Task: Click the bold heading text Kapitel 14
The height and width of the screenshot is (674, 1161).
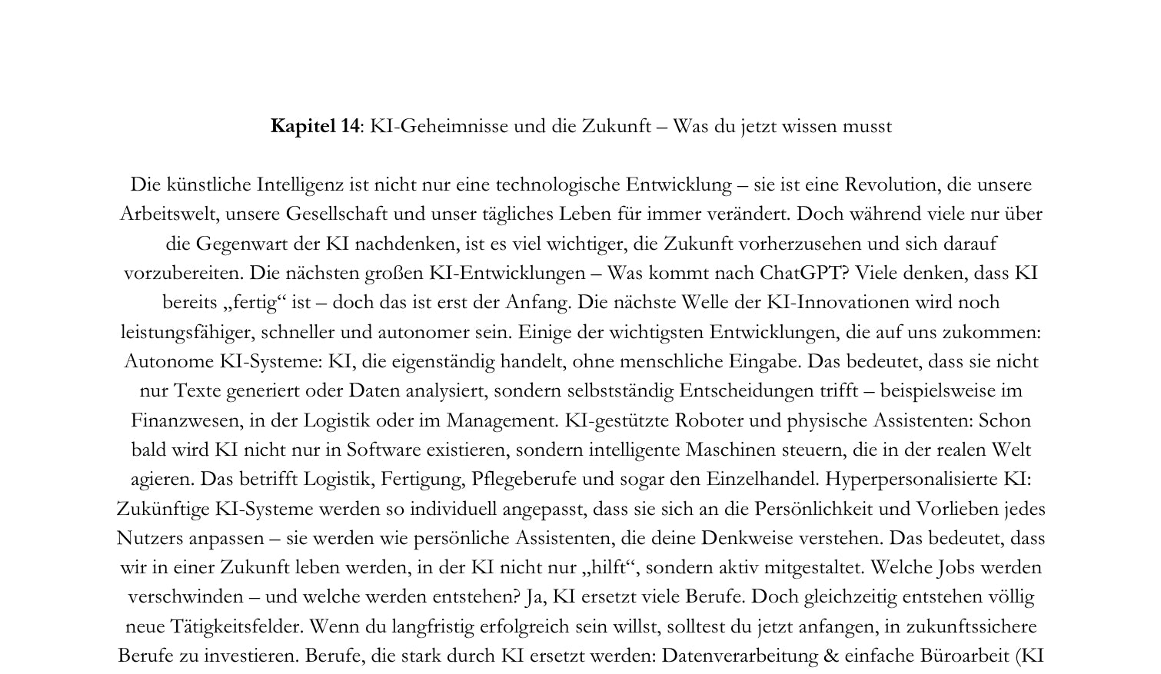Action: point(314,126)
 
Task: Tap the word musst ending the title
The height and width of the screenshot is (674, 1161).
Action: point(867,126)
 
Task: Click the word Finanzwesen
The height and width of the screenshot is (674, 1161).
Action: point(177,420)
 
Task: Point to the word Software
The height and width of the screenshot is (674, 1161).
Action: point(385,450)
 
